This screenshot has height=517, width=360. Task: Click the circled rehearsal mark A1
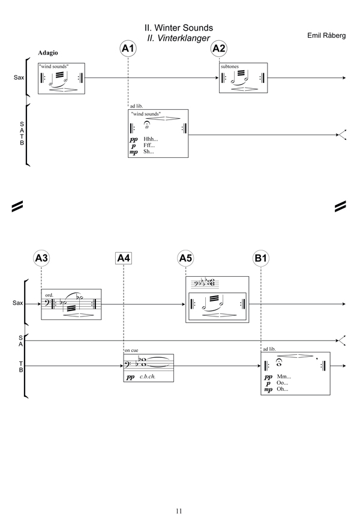click(128, 49)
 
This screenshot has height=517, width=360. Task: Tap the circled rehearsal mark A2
click(219, 49)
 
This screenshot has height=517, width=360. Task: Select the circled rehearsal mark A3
click(41, 258)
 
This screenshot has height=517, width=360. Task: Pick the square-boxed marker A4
click(123, 258)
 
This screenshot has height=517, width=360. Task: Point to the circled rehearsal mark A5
click(186, 258)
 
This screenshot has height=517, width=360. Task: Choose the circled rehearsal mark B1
click(261, 258)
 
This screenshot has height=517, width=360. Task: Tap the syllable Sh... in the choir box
click(148, 152)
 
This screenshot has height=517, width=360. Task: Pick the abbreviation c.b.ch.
click(147, 377)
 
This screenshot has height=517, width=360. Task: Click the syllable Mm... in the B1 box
click(283, 376)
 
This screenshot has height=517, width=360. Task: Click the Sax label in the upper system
click(19, 78)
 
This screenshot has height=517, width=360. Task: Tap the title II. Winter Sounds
click(179, 28)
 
